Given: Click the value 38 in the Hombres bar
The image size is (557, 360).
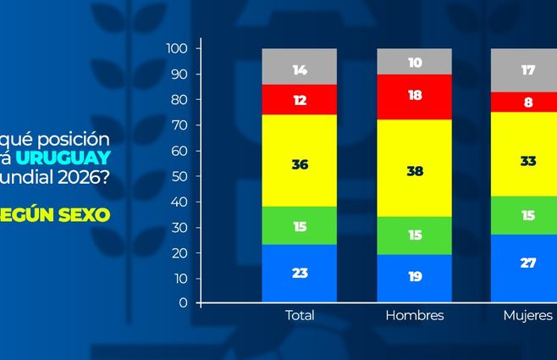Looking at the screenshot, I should point(414,169).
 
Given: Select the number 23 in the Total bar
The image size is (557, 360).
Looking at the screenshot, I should point(300,274).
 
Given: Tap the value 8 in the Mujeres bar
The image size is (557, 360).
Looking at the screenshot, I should point(528,102).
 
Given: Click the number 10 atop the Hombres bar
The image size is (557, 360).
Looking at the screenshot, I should point(414,63).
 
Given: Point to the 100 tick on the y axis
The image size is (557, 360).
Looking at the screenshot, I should point(177,48).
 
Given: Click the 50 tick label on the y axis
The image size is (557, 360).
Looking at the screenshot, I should point(180,176).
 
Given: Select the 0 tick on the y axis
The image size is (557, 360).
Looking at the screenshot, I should point(184,303).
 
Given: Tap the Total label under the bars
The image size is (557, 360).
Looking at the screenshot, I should point(300,316).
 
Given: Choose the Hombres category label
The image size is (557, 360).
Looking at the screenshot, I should point(414,316).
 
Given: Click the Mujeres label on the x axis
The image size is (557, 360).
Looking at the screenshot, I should point(527,316).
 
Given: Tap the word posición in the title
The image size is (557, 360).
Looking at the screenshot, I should point(78,137).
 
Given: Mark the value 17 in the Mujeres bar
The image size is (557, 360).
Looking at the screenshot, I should point(528,70).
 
